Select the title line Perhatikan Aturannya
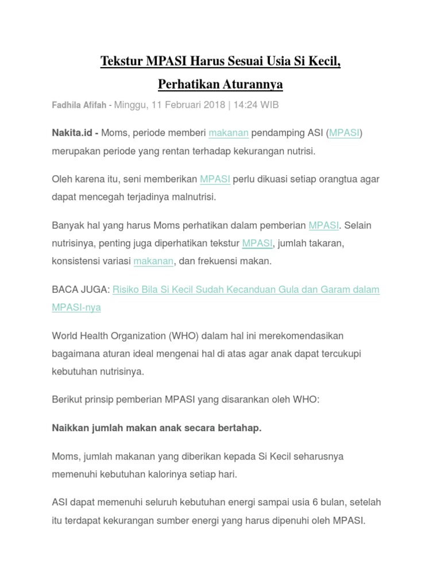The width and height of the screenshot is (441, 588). pos(220,84)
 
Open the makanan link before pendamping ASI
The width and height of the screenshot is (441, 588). pos(229,133)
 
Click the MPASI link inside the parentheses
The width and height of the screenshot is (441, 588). pos(344,133)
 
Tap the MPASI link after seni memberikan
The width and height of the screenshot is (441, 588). pos(215,179)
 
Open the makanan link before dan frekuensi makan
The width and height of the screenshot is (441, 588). pos(153,261)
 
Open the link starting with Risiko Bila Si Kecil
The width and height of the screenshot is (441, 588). pos(246,289)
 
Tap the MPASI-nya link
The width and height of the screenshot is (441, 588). pos(76,307)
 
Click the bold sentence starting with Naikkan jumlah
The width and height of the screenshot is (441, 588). pos(157,428)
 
